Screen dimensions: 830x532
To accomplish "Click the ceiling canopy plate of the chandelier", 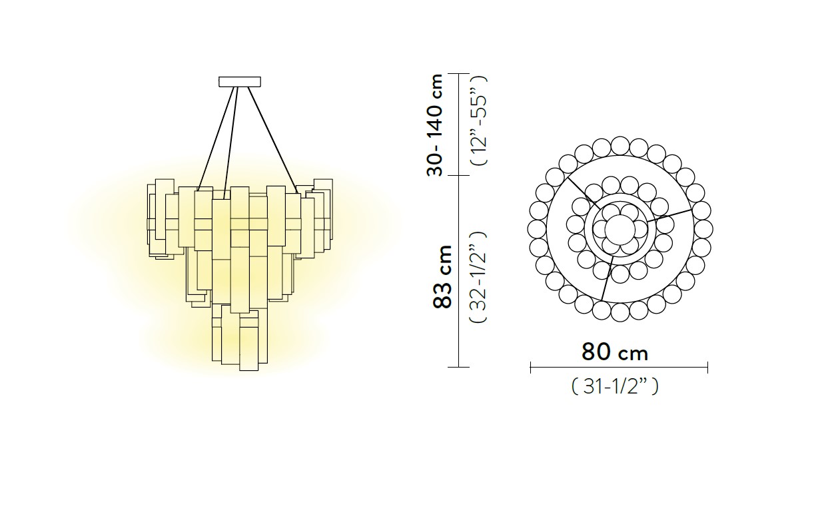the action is [x=239, y=81].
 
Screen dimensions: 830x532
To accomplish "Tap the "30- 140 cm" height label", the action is [x=435, y=125].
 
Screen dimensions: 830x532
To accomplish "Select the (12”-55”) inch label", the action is [x=478, y=120].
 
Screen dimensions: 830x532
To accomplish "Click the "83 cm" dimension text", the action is [x=442, y=276].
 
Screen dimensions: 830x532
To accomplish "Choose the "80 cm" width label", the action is [x=615, y=352].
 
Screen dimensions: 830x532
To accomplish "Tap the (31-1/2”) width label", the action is [x=615, y=387].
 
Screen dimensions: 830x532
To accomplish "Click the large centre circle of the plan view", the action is [x=620, y=229].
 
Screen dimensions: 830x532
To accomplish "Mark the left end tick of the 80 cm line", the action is [x=531, y=368].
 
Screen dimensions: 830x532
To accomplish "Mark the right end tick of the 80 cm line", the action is [x=707, y=368].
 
